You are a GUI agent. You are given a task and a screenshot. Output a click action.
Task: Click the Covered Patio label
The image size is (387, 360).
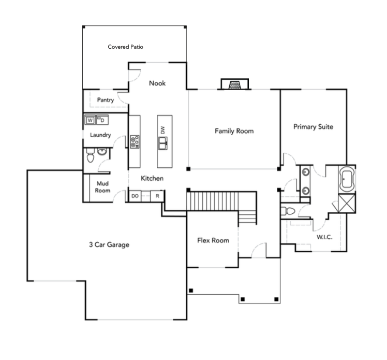tap(125, 47)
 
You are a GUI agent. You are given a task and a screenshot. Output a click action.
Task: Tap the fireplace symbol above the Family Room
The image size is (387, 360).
tap(234, 84)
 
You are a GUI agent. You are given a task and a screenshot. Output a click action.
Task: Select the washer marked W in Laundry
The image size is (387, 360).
tap(90, 120)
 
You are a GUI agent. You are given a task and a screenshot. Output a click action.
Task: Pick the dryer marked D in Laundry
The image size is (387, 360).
tap(102, 120)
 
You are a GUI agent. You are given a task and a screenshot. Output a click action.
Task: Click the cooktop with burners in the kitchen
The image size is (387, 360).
tap(135, 141)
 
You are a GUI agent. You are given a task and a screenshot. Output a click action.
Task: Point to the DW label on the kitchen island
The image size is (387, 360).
tap(162, 130)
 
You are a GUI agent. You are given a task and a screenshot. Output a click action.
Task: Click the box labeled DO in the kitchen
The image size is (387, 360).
tap(135, 196)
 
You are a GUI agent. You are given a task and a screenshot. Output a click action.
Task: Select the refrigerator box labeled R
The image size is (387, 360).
tap(158, 196)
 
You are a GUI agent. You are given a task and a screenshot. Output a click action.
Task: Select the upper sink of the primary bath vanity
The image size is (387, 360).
tap(306, 172)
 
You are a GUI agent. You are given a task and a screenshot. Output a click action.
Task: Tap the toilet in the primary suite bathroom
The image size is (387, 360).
tap(288, 211)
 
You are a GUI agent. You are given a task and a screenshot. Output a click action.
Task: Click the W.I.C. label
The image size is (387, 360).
tap(324, 237)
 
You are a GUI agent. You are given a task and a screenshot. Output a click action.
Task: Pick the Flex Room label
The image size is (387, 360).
tap(213, 240)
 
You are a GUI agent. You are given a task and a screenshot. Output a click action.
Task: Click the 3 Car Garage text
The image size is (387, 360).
tap(109, 245)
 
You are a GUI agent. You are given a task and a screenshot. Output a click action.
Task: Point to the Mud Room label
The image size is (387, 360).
tap(103, 187)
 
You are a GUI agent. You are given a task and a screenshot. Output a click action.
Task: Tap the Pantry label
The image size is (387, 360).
tap(106, 99)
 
